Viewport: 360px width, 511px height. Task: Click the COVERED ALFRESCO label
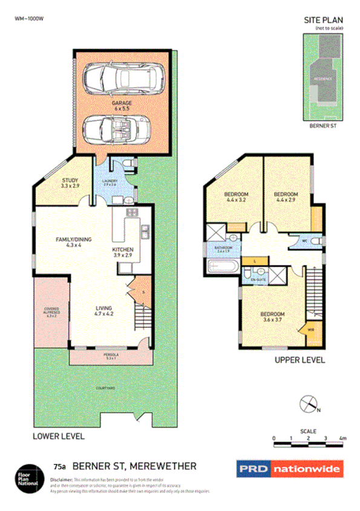(x=51, y=311)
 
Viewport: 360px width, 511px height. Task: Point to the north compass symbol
(x=309, y=403)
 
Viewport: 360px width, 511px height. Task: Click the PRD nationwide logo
(x=289, y=469)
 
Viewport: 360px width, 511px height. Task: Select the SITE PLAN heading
(x=323, y=21)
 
